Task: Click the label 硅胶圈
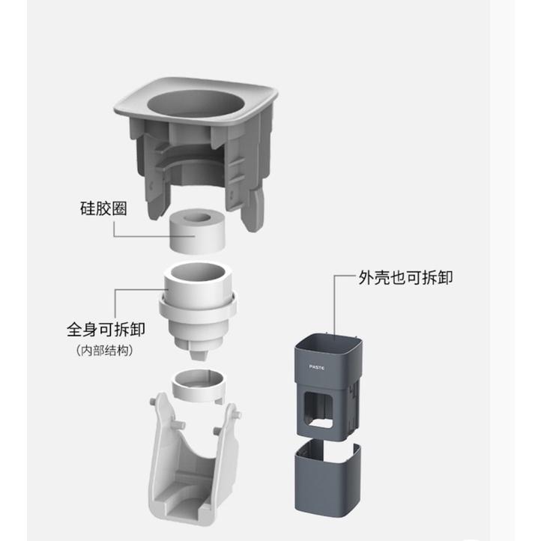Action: click(x=102, y=209)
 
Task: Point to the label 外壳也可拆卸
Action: click(x=405, y=277)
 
